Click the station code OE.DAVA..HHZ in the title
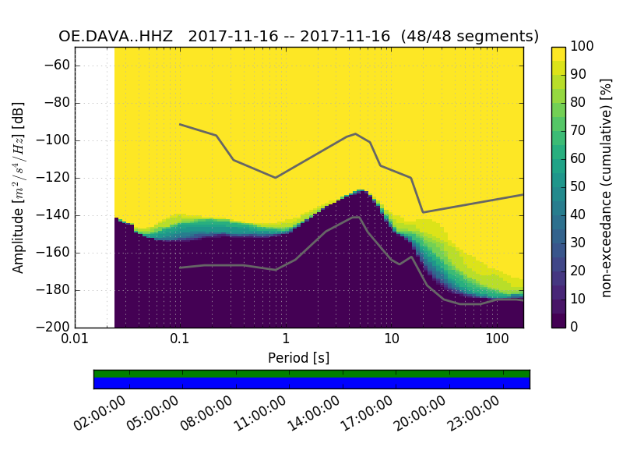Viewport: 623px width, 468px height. (x=119, y=36)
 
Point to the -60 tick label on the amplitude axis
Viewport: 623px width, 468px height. (x=58, y=66)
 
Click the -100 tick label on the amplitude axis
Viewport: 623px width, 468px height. (x=55, y=140)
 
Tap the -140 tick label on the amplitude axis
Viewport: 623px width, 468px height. (x=55, y=215)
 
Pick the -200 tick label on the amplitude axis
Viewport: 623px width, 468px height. (x=55, y=328)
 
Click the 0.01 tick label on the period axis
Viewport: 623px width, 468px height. (x=75, y=340)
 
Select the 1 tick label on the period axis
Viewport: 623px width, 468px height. (x=286, y=340)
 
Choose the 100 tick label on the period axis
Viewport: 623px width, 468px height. (x=497, y=340)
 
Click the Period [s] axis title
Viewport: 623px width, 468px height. (x=298, y=357)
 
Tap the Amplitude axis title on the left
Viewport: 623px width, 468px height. (x=19, y=187)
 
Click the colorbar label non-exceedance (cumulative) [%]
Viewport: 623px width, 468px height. (x=607, y=187)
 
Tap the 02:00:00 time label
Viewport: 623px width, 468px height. (x=100, y=413)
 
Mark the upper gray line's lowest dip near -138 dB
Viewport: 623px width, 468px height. (x=423, y=212)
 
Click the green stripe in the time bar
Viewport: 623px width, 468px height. (x=311, y=374)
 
